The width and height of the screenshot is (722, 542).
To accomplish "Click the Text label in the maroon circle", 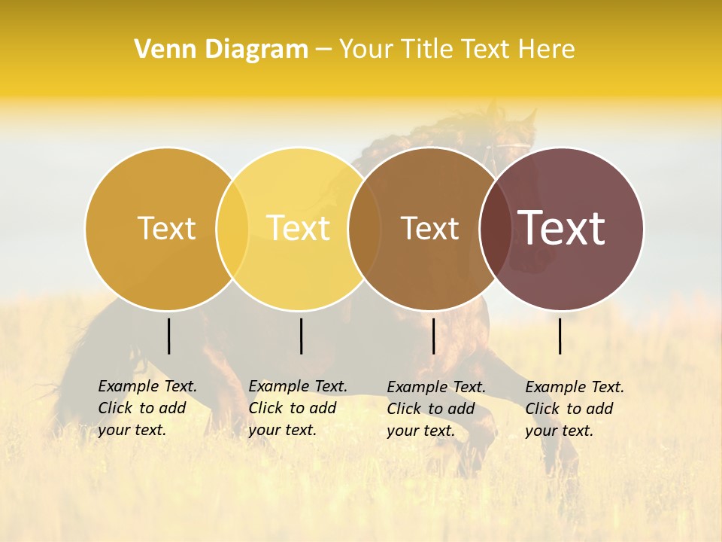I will (562, 228).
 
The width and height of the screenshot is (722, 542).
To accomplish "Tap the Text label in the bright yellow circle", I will (299, 228).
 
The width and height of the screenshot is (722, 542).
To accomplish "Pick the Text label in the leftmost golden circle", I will (167, 228).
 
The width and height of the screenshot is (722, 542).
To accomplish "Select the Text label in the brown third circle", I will (429, 228).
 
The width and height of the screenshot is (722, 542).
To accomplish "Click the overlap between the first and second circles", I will (232, 229).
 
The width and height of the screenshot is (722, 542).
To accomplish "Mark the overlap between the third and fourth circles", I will (496, 229).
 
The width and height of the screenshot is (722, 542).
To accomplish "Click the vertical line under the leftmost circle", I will (169, 336).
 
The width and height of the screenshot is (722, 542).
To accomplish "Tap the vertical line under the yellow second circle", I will (301, 336).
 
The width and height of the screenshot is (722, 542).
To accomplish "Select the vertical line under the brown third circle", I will (433, 336).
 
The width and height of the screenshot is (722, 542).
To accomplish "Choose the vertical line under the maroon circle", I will (560, 336).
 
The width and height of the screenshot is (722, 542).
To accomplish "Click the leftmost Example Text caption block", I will (147, 408).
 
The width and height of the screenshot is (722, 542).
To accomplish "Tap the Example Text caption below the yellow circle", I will (297, 408).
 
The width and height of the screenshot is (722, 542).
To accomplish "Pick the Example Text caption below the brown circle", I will (435, 408).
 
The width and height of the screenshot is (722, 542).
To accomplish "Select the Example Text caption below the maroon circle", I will (574, 408).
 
